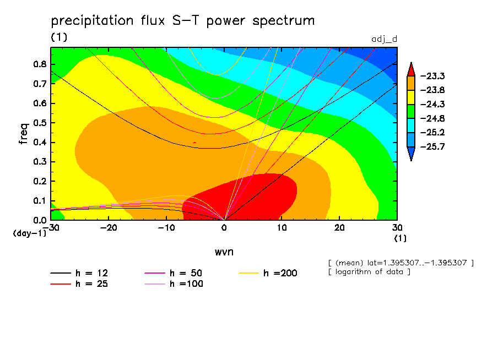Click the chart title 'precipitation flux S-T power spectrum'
(x=182, y=21)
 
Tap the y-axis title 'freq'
(x=23, y=134)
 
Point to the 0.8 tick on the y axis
(x=40, y=64)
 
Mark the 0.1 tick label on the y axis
(x=40, y=200)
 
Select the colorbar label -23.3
(x=432, y=76)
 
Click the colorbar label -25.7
(x=432, y=147)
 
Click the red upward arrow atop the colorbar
(x=410, y=69)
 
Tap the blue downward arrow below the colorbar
(x=410, y=155)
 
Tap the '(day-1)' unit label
(x=30, y=233)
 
